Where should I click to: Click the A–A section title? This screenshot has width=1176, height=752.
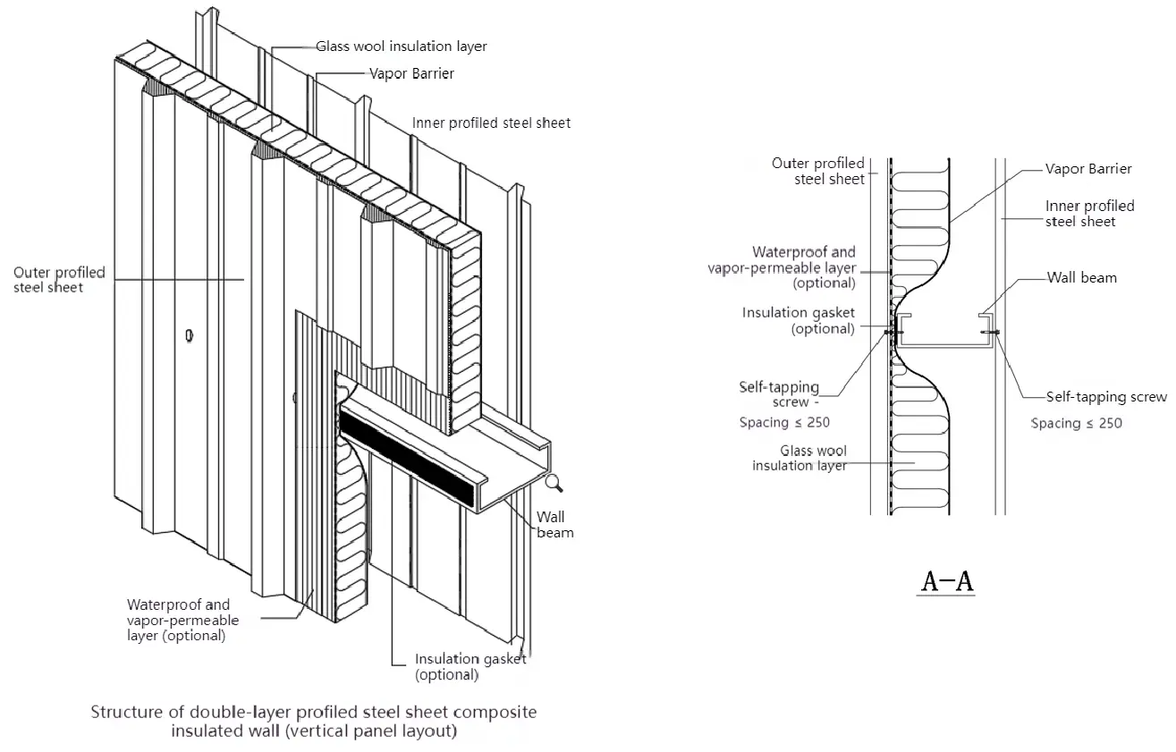(948, 582)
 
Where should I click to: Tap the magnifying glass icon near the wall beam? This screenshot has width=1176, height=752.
(554, 483)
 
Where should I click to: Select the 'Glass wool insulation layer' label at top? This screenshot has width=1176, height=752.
(402, 46)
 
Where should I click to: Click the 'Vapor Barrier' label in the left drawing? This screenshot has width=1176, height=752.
(411, 73)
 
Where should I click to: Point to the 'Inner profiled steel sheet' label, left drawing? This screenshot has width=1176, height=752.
(491, 123)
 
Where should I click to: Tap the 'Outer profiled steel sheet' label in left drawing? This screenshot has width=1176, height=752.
(59, 280)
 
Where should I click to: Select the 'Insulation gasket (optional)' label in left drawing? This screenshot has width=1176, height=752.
(470, 667)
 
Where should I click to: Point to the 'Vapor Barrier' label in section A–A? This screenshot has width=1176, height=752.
(1088, 169)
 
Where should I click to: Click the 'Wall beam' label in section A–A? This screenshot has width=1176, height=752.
(1082, 277)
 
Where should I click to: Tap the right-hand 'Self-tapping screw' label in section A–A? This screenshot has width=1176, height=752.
(1106, 397)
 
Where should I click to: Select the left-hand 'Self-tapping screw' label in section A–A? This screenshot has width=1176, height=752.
(779, 394)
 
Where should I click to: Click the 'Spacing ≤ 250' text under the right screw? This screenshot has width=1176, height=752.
(1077, 423)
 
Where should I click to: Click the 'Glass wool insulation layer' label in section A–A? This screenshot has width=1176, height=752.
(800, 458)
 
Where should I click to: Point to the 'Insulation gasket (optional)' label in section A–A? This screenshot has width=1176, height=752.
(799, 320)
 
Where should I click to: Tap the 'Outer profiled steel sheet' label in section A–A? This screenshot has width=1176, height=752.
(818, 171)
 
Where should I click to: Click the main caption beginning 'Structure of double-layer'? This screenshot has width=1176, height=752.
(314, 722)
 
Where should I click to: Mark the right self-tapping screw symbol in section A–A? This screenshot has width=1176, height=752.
(990, 333)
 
